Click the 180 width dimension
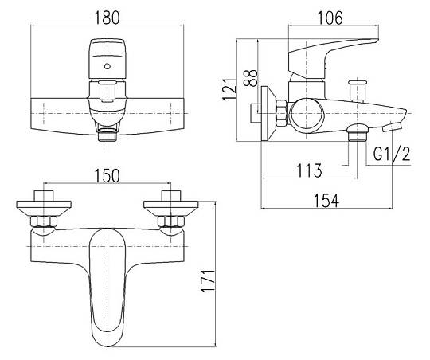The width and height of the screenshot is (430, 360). click(107, 18)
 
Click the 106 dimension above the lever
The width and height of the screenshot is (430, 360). click(330, 18)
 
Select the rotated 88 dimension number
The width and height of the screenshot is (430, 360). click(251, 78)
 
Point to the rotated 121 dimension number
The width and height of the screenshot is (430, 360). click(229, 89)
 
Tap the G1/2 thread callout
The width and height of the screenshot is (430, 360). click(392, 154)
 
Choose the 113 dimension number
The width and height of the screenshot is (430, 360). click(309, 170)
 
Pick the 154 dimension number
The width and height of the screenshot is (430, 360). click(326, 201)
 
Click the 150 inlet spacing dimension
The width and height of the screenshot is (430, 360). click(107, 175)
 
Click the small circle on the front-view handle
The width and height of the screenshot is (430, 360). click(107, 66)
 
